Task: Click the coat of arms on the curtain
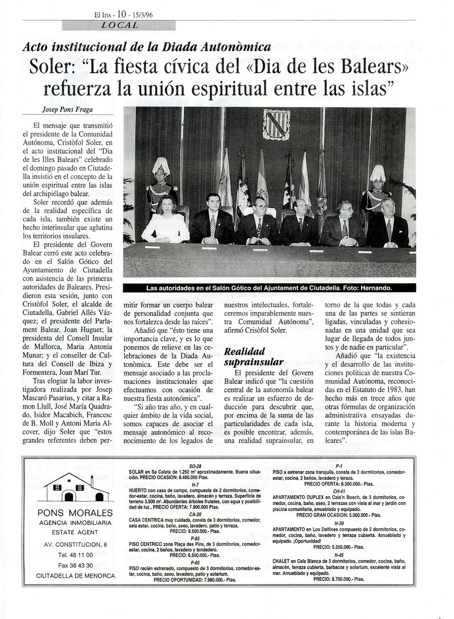coord(276,124)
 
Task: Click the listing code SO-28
coord(195,466)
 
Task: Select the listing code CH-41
coord(339,492)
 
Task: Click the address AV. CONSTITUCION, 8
coord(76,544)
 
